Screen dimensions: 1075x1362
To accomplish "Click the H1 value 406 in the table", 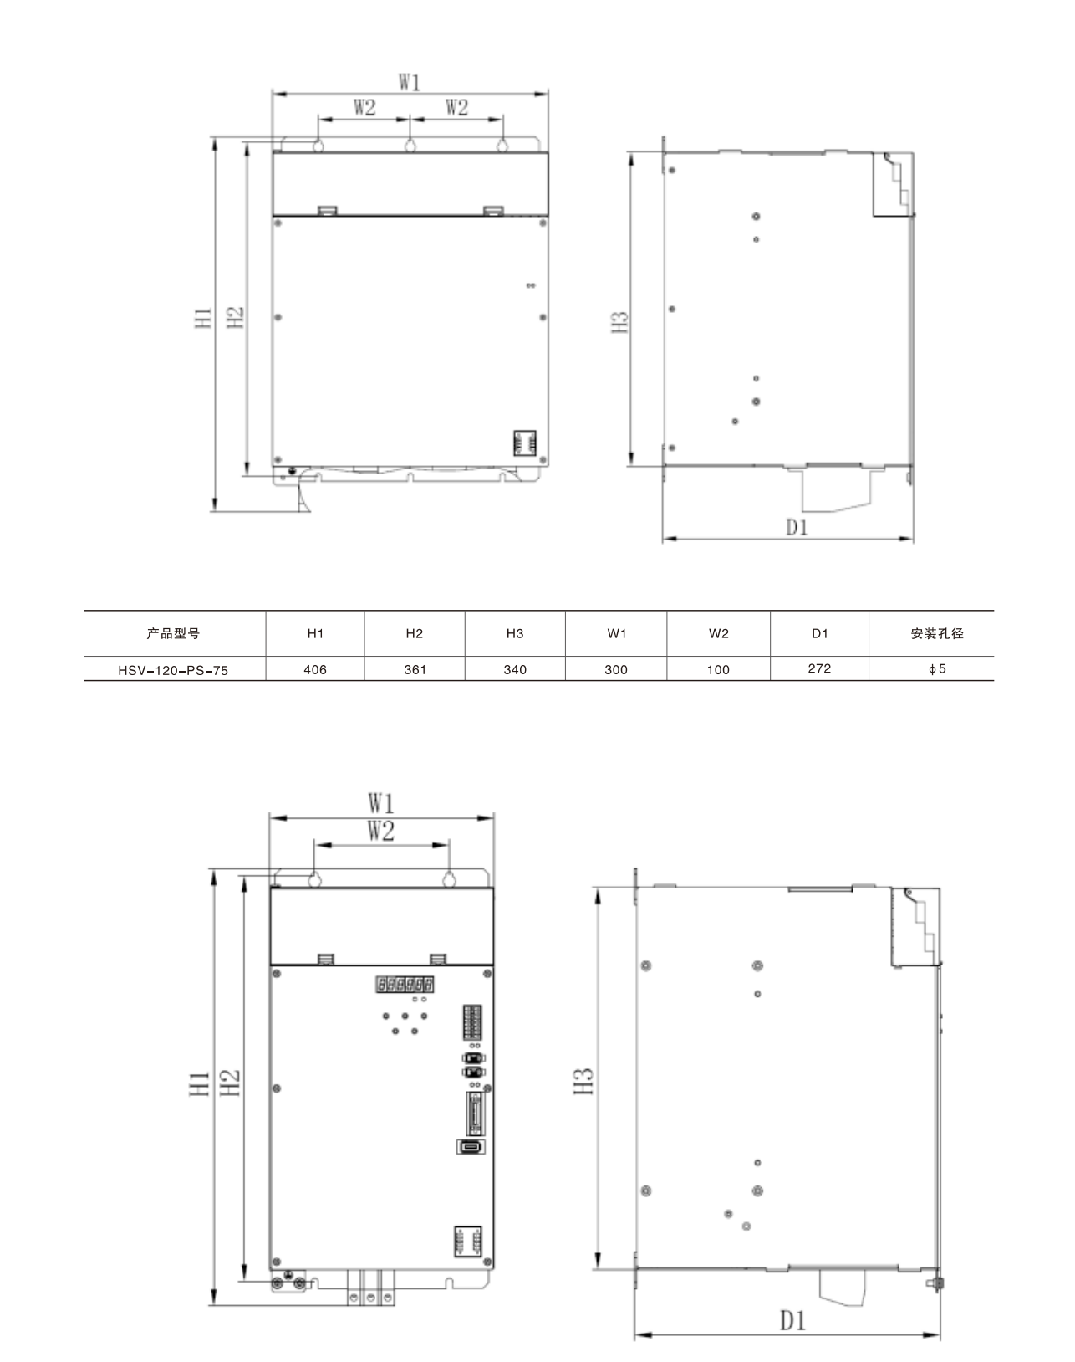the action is [x=315, y=669].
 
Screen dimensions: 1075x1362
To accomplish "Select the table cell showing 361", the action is [x=415, y=669].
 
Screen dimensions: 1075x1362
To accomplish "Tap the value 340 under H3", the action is [x=515, y=669].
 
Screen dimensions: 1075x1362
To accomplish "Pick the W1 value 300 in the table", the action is [x=616, y=669].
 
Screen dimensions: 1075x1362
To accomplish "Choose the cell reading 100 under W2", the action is [x=718, y=669].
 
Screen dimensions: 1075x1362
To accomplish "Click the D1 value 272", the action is [x=819, y=668].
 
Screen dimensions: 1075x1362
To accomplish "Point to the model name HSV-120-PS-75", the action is [x=173, y=670].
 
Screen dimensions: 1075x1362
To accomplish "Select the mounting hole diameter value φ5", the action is [x=937, y=668].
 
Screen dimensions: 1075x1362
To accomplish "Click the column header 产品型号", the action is [x=173, y=633].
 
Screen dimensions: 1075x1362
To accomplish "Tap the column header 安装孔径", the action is [x=937, y=633].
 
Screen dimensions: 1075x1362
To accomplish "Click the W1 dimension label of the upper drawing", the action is [x=409, y=82].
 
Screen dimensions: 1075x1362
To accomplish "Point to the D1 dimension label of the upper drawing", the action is [x=797, y=526].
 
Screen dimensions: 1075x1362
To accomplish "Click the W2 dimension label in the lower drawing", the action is [x=381, y=831].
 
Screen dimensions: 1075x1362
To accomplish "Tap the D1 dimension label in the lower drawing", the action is [x=793, y=1320].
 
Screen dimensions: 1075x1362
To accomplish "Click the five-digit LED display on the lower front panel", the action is [x=405, y=984].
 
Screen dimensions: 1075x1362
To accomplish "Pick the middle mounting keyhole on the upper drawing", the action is [x=410, y=146].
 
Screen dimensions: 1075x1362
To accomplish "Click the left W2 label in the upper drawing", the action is [x=364, y=107].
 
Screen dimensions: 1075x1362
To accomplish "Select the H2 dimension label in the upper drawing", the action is [x=235, y=317].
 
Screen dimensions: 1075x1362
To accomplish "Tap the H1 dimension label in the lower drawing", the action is [x=199, y=1083].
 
